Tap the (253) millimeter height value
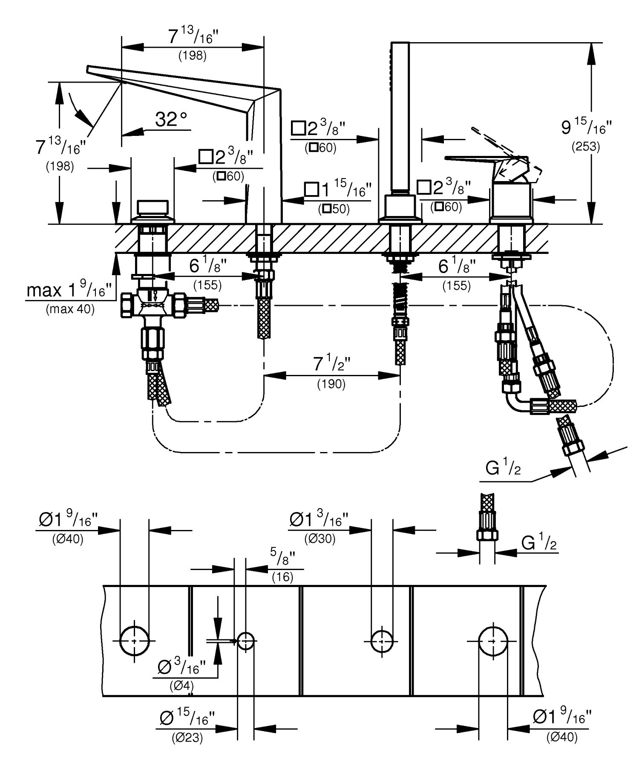585,147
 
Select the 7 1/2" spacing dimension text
332,365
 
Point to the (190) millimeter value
331,384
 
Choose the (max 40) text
70,309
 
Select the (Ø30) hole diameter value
320,539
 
